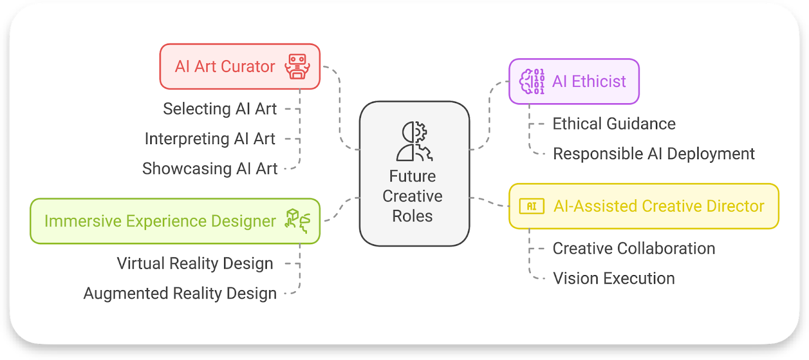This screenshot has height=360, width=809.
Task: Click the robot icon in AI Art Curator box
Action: (297, 66)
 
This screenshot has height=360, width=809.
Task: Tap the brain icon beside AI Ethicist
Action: (532, 81)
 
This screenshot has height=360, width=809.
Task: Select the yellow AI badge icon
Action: (531, 206)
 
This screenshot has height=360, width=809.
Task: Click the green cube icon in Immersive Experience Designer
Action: (297, 221)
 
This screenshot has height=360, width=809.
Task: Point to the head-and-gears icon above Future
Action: (415, 141)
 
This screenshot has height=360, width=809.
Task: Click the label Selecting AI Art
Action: (219, 109)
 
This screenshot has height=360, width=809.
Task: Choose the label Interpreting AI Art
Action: (210, 139)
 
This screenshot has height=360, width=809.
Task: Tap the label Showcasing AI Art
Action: (210, 168)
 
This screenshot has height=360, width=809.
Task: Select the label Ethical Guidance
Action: (614, 124)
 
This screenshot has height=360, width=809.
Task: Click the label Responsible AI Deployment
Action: (653, 154)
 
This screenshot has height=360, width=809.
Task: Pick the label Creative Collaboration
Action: (634, 248)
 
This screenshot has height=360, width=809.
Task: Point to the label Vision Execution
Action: (614, 278)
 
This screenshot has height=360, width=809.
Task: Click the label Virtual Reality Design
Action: (195, 263)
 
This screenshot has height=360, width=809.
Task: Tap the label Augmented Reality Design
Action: (180, 293)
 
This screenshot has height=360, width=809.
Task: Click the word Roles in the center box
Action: (413, 216)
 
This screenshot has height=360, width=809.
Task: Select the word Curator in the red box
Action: (248, 66)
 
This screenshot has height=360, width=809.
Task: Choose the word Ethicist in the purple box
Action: (599, 81)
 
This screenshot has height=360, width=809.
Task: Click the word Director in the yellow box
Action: (735, 206)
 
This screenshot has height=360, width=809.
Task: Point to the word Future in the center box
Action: (413, 176)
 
